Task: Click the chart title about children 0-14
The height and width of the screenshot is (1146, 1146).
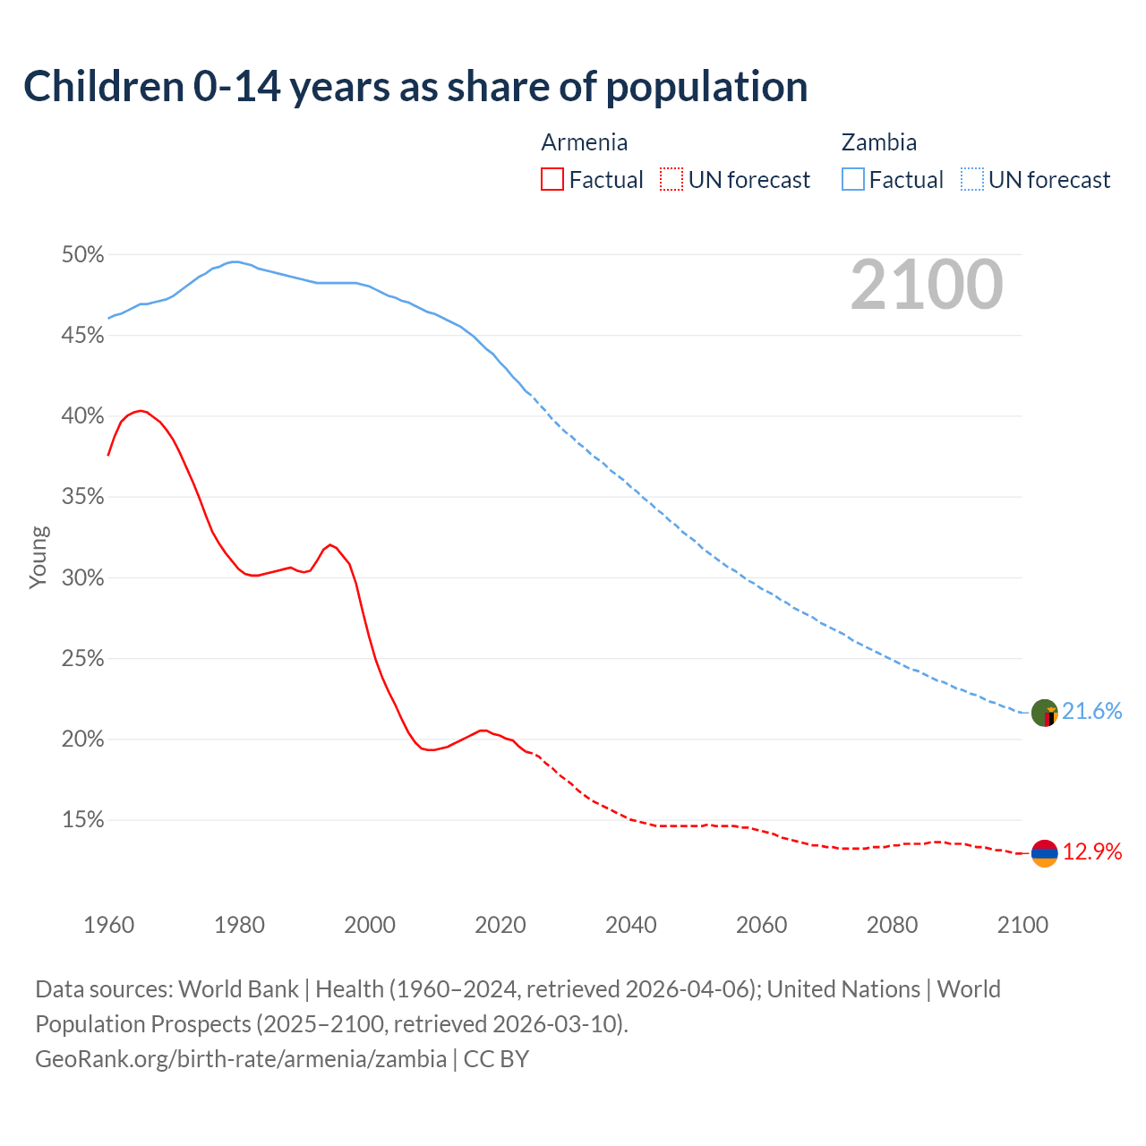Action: [x=415, y=87]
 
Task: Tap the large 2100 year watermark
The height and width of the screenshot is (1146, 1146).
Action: [x=926, y=285]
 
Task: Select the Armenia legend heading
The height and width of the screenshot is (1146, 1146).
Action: [x=584, y=142]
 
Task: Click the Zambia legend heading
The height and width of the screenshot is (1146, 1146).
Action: [x=878, y=142]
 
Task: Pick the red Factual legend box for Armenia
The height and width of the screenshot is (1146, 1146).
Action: [x=552, y=180]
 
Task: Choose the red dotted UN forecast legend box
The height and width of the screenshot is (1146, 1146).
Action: [x=671, y=180]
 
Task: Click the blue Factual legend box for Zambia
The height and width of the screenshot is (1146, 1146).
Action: [x=852, y=180]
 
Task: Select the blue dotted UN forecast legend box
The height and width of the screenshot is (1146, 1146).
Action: [x=971, y=180]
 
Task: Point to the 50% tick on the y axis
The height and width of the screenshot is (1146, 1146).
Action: [x=82, y=255]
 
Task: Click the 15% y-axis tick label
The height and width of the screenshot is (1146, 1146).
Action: [x=82, y=820]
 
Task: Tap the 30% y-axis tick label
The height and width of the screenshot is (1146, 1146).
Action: [x=82, y=578]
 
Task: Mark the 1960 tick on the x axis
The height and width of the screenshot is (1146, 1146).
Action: [x=108, y=924]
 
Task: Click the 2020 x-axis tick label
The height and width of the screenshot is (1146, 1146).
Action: [x=500, y=924]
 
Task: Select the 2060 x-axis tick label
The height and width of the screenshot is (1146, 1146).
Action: [x=761, y=924]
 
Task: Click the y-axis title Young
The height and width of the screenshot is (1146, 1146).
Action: [x=38, y=557]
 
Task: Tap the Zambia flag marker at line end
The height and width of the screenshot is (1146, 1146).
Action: [x=1044, y=714]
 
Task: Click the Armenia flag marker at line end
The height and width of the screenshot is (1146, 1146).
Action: [x=1044, y=854]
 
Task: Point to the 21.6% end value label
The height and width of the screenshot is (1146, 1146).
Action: [x=1091, y=712]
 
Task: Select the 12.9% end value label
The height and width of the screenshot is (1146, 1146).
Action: [x=1091, y=851]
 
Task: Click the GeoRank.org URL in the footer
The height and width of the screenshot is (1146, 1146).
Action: [x=240, y=1059]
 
